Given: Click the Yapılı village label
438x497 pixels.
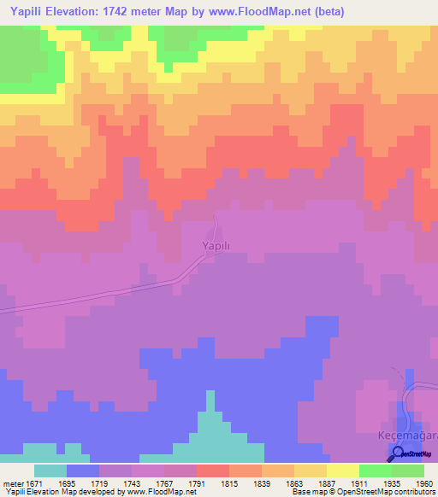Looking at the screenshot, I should tap(215, 246).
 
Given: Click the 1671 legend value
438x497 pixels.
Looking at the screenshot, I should tap(31, 482).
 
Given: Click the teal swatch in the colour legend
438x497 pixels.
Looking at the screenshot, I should tap(50, 471).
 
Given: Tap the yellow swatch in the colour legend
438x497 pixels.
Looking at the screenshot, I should tap(343, 471).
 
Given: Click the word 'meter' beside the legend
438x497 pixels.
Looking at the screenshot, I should tap(11, 482).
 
